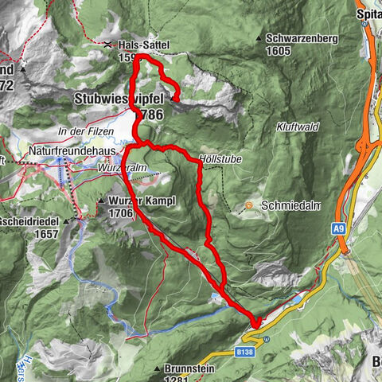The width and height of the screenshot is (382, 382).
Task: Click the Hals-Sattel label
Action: [140, 45]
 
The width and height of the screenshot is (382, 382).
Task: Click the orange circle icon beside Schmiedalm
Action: [248, 205]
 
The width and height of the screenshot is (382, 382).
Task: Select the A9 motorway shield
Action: [339, 228]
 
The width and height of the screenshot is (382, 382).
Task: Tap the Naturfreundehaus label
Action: [72, 149]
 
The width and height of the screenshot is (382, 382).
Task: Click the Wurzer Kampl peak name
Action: [137, 200]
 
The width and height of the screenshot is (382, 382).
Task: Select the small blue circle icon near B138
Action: [267, 338]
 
